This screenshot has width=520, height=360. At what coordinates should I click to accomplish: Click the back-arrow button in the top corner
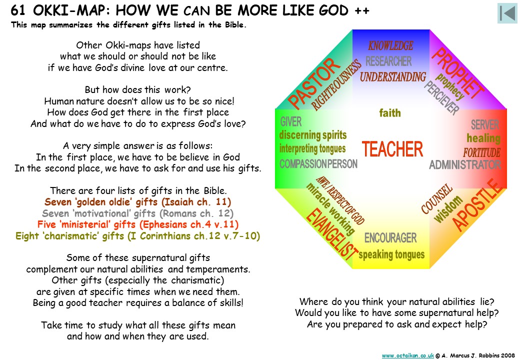(507, 13)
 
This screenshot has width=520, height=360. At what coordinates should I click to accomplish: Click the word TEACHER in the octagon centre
(392, 149)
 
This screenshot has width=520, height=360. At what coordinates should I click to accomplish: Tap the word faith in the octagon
(390, 113)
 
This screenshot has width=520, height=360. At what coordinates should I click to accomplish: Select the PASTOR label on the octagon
(314, 83)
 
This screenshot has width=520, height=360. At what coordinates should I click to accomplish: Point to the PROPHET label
(457, 73)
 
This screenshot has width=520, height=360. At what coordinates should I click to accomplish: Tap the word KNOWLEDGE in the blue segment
(390, 45)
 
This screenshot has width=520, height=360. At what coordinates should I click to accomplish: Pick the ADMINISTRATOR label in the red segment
(465, 165)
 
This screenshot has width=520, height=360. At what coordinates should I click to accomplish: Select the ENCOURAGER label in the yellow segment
(390, 237)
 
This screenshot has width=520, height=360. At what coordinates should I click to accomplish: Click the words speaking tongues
(391, 254)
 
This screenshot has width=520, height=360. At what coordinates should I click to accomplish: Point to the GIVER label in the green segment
(291, 121)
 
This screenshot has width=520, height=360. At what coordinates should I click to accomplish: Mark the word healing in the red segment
(483, 138)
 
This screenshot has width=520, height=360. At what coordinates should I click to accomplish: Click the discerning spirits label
(312, 135)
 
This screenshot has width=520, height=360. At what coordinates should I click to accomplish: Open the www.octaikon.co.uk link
(408, 355)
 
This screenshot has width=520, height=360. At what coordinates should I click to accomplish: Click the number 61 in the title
(18, 10)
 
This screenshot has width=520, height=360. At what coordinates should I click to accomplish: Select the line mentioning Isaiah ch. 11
(137, 202)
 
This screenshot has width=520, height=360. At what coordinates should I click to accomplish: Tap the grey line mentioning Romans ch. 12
(137, 213)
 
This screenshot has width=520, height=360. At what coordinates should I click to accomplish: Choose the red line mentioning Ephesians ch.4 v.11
(137, 224)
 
